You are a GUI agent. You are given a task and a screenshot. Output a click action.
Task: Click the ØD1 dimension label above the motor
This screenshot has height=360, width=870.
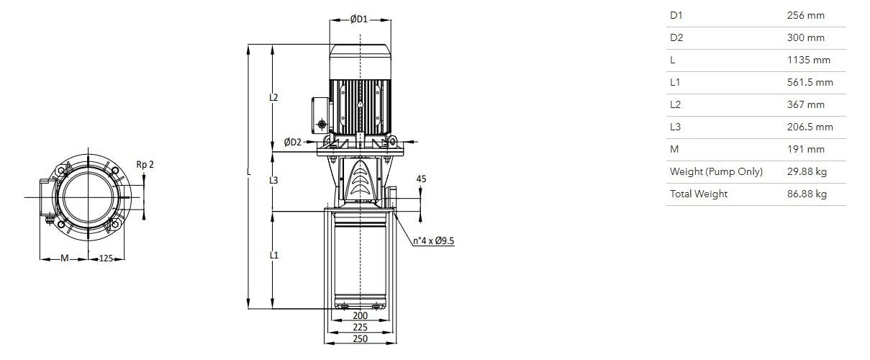(358, 19)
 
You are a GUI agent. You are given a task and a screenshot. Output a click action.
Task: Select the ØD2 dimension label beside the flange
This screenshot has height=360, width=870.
(292, 143)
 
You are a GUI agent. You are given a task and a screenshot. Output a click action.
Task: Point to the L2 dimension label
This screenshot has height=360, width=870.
(274, 98)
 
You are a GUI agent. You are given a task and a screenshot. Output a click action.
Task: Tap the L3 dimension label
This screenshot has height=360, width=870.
(274, 181)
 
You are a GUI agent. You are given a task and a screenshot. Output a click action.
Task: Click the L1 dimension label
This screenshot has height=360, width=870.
(274, 256)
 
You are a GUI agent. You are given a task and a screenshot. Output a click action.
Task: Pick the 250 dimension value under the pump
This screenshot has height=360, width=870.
(360, 339)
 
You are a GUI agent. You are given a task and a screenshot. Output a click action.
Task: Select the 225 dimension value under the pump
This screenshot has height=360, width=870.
(360, 328)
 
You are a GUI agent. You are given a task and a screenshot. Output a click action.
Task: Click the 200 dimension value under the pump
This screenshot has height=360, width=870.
(360, 315)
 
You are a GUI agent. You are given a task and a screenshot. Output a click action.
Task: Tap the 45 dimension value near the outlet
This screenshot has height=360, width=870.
(421, 179)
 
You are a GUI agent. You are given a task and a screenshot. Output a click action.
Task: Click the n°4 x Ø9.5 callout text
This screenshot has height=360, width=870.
(433, 241)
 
